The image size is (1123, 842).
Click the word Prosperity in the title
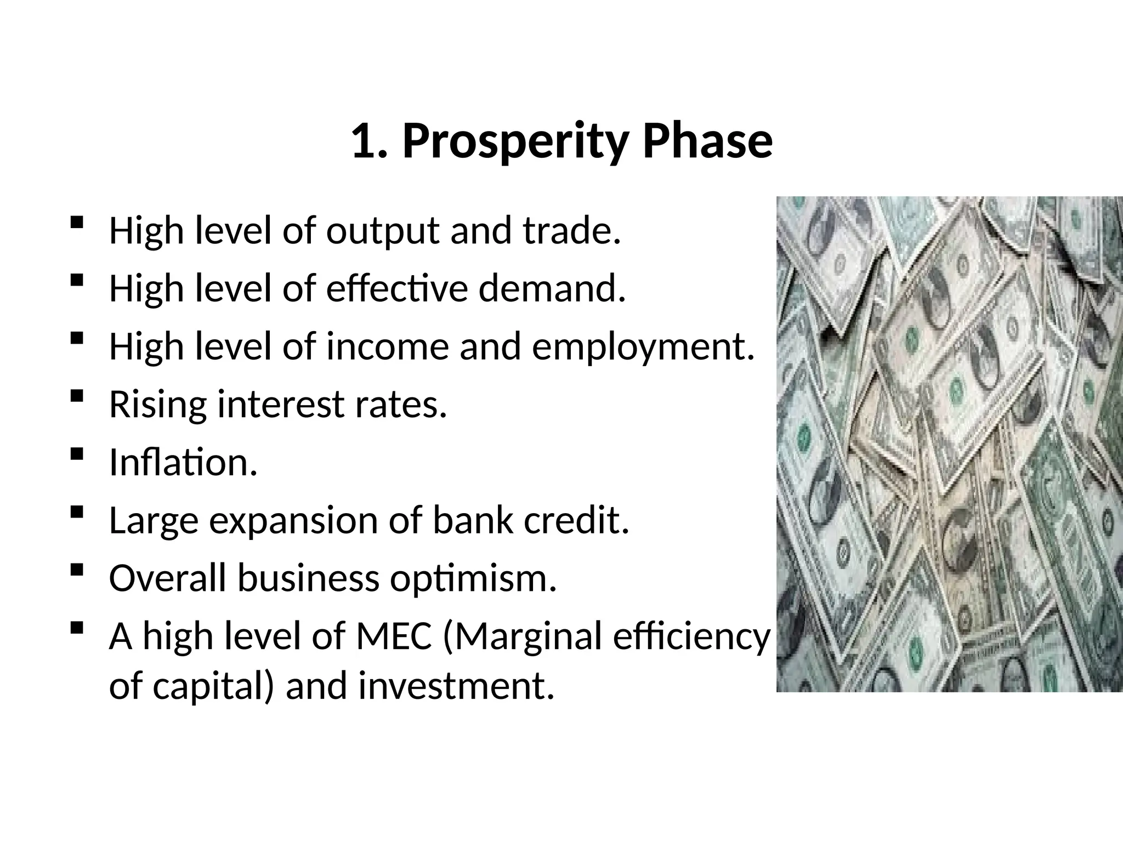click(514, 141)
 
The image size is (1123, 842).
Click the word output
click(383, 232)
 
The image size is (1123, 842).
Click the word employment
click(643, 348)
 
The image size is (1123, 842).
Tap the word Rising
click(158, 406)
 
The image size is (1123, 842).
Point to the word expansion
click(294, 522)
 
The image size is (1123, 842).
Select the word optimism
click(473, 579)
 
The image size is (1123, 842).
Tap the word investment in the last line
click(456, 686)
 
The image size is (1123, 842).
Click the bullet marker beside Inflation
click(77, 454)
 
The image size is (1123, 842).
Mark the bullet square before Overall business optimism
click(77, 570)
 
